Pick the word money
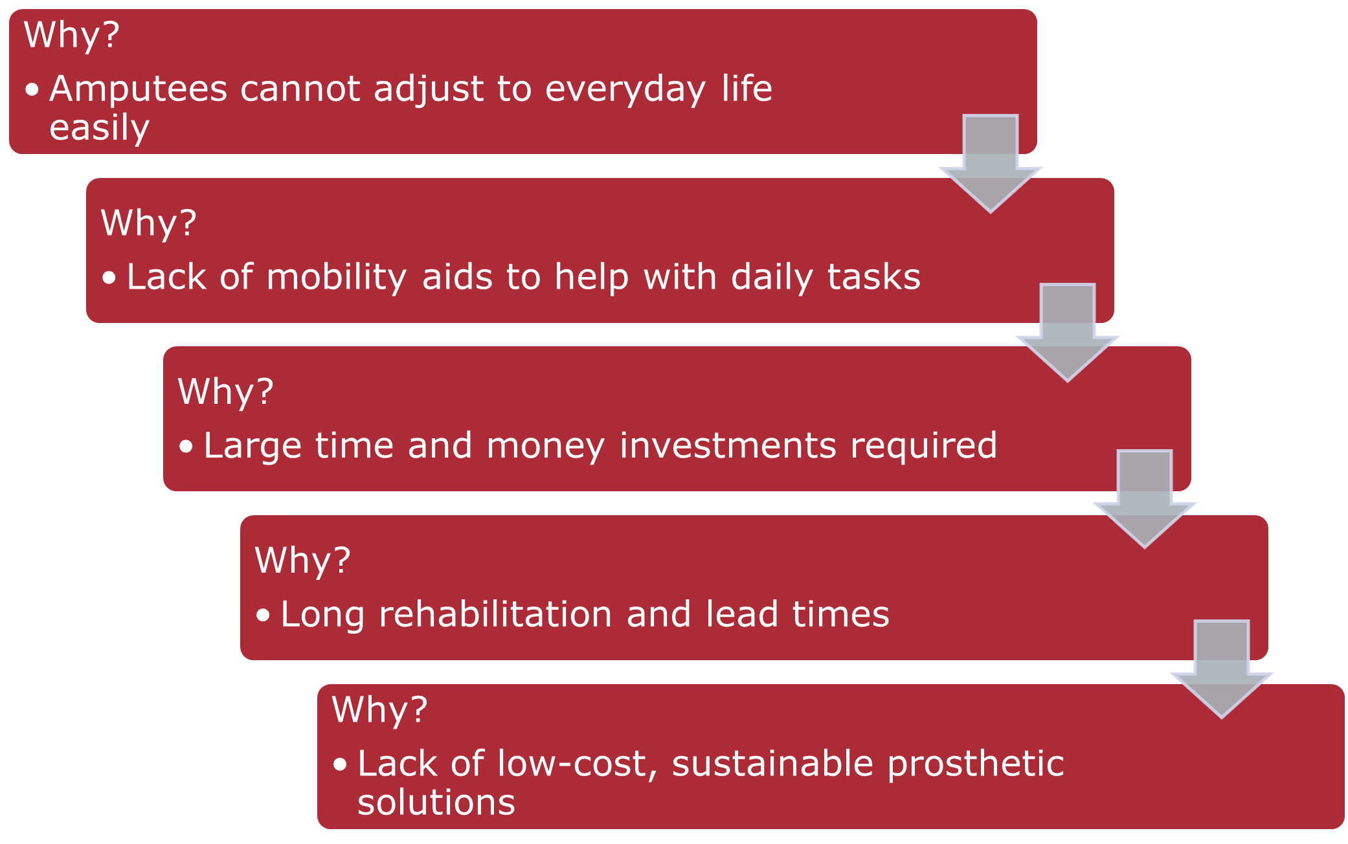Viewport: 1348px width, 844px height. pos(545,446)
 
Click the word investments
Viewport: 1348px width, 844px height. pos(727,445)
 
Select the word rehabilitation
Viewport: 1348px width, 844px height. pos(495,614)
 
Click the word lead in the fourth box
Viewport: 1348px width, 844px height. pos(741,614)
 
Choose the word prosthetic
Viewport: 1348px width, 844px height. pos(976,764)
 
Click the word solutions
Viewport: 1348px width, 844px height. pos(436,803)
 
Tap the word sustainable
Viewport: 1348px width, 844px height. pos(772,764)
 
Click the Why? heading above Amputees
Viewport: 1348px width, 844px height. pos(72,35)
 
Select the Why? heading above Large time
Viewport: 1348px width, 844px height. pos(226,392)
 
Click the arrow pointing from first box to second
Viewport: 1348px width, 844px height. pos(991,164)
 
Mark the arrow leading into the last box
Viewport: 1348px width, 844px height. pos(1222,669)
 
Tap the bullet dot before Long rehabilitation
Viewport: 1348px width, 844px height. pos(263,615)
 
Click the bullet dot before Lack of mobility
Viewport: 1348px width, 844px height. pos(109,278)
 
